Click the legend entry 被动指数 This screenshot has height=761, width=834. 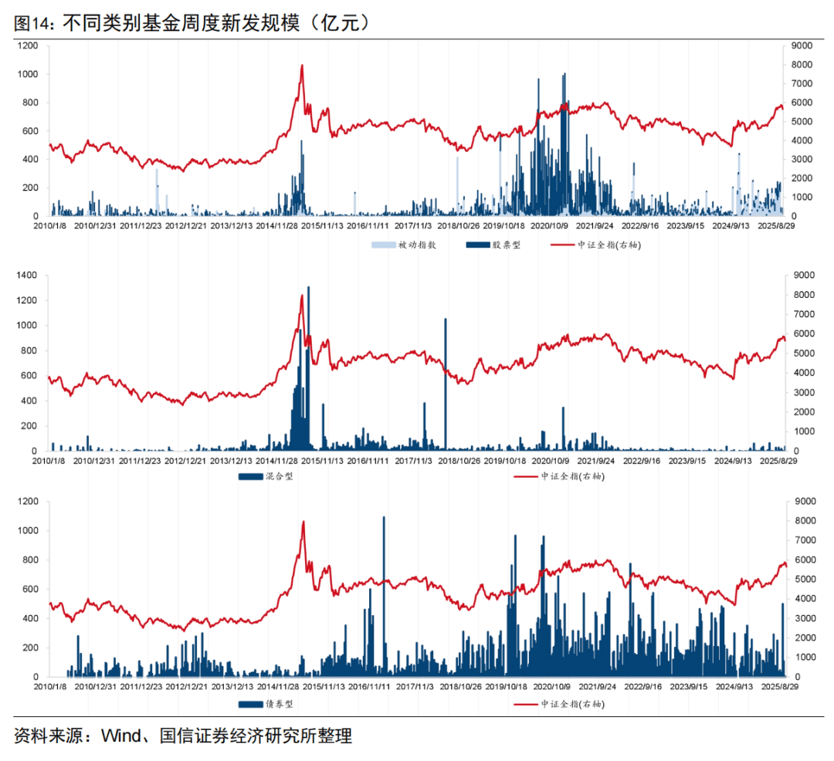[417, 245]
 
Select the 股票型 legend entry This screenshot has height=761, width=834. [507, 245]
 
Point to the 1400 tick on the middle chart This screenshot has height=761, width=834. [26, 275]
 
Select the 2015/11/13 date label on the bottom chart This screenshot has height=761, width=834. [317, 685]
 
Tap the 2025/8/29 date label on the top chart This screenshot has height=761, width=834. [785, 227]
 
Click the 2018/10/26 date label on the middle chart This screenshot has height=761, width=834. [460, 461]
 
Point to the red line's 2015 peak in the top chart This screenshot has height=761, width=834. [302, 66]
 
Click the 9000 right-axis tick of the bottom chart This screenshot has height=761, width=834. [798, 502]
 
